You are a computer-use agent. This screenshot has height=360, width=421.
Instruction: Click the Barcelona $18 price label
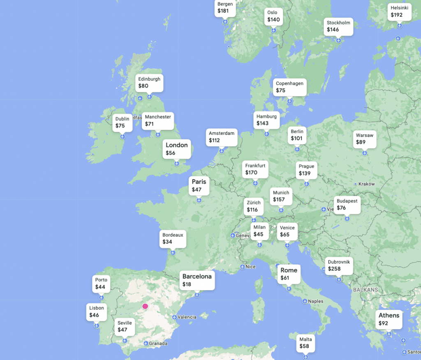(x=197, y=280)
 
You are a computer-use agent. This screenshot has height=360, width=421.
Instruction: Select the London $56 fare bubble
(x=177, y=149)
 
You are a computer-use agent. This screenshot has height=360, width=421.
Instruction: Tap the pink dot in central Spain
(x=145, y=306)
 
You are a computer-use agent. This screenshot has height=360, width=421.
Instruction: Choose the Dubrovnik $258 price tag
(x=339, y=265)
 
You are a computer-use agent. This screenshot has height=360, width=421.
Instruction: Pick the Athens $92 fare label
(x=389, y=319)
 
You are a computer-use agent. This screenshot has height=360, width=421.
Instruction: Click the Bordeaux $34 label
(x=173, y=238)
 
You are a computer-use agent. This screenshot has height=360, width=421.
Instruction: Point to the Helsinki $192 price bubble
(x=399, y=12)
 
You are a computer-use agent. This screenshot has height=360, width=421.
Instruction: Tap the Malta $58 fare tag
(x=305, y=343)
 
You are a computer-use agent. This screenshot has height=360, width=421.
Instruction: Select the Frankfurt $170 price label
(x=255, y=169)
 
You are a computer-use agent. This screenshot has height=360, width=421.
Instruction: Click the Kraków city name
(x=367, y=184)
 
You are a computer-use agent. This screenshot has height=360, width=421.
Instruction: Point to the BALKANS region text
(x=365, y=290)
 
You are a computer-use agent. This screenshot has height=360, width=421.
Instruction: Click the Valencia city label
(x=187, y=317)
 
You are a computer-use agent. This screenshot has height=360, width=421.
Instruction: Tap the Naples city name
(x=315, y=301)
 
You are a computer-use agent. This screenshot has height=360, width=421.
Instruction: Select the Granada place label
(x=158, y=344)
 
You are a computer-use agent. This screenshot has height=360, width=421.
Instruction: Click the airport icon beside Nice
(x=242, y=267)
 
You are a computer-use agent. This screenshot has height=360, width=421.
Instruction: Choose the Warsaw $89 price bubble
(x=365, y=139)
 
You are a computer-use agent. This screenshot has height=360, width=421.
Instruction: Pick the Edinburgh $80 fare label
(x=149, y=82)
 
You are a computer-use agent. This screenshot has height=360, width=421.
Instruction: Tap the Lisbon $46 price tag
(x=97, y=312)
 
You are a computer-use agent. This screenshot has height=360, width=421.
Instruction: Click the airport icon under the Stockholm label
(x=338, y=40)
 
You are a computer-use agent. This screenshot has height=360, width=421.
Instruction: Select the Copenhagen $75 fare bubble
(x=289, y=87)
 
